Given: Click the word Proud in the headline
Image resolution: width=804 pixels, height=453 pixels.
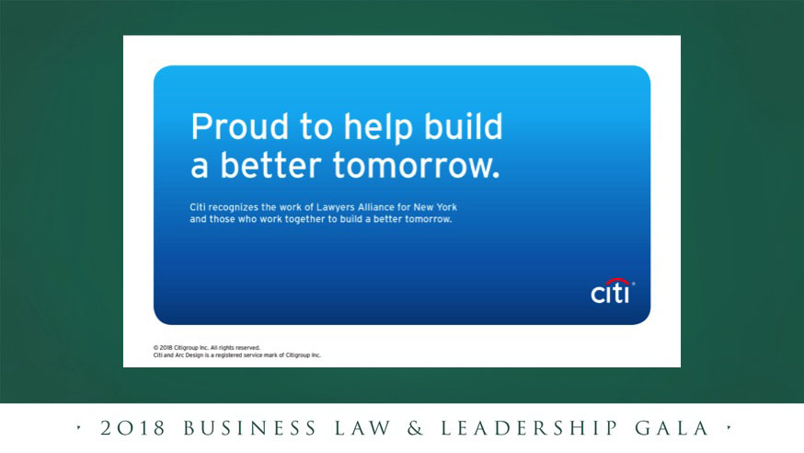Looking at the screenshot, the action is point(240,127).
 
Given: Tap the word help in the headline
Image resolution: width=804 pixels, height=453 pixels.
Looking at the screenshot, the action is point(378,128).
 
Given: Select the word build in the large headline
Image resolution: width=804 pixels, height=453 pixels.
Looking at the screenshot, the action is point(464,126).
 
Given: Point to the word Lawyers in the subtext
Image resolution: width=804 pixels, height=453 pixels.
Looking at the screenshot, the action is point(336,208).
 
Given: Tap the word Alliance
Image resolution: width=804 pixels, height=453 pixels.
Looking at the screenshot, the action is point(376,207).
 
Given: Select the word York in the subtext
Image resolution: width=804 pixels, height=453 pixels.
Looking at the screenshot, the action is point(446,207).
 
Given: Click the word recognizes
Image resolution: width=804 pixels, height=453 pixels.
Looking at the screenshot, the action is point(234,208).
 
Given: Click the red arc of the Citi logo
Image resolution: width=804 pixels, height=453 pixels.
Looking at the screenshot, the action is point(617,281).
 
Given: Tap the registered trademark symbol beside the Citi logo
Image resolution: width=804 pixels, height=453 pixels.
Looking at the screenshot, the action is point(633,284).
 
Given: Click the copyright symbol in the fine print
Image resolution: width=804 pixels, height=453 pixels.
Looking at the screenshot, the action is point(155,348).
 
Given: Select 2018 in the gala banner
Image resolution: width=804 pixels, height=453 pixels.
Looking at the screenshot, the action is point(132,428).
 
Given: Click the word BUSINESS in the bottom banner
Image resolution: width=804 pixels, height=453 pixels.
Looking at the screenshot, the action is point(249,428).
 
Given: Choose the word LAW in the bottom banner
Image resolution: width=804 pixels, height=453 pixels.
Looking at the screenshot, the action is point(362,428).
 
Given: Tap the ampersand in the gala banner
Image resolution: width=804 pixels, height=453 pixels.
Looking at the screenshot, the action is point(416,428).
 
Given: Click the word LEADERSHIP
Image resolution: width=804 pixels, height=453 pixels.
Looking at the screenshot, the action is point(529,428).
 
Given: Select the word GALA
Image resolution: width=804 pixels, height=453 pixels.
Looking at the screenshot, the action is point(672,428).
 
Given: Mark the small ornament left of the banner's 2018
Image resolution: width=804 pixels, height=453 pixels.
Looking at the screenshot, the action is point(78,427).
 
